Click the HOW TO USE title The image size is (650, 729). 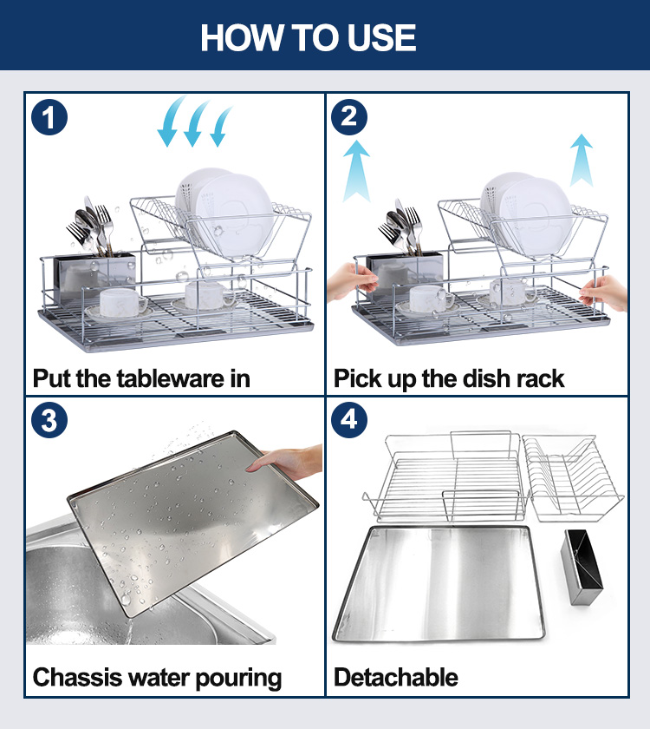[308, 37]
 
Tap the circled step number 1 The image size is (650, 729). [49, 117]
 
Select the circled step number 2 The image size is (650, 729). [349, 117]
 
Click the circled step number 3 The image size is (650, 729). [49, 420]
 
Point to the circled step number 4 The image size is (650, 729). [349, 420]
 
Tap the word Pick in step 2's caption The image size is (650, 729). [357, 378]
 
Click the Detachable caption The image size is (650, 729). [396, 677]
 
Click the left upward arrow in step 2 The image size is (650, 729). [356, 171]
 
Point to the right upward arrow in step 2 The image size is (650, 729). [582, 161]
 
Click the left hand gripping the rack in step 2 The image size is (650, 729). [352, 281]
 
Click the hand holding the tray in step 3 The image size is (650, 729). [285, 462]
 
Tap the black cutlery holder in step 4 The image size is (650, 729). [582, 567]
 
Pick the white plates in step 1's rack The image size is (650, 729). [224, 212]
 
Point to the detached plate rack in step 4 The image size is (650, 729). [573, 479]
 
